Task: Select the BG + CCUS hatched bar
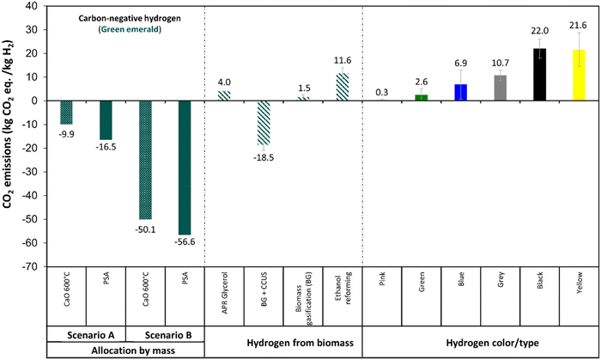point(264,122)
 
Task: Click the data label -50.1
point(145,228)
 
